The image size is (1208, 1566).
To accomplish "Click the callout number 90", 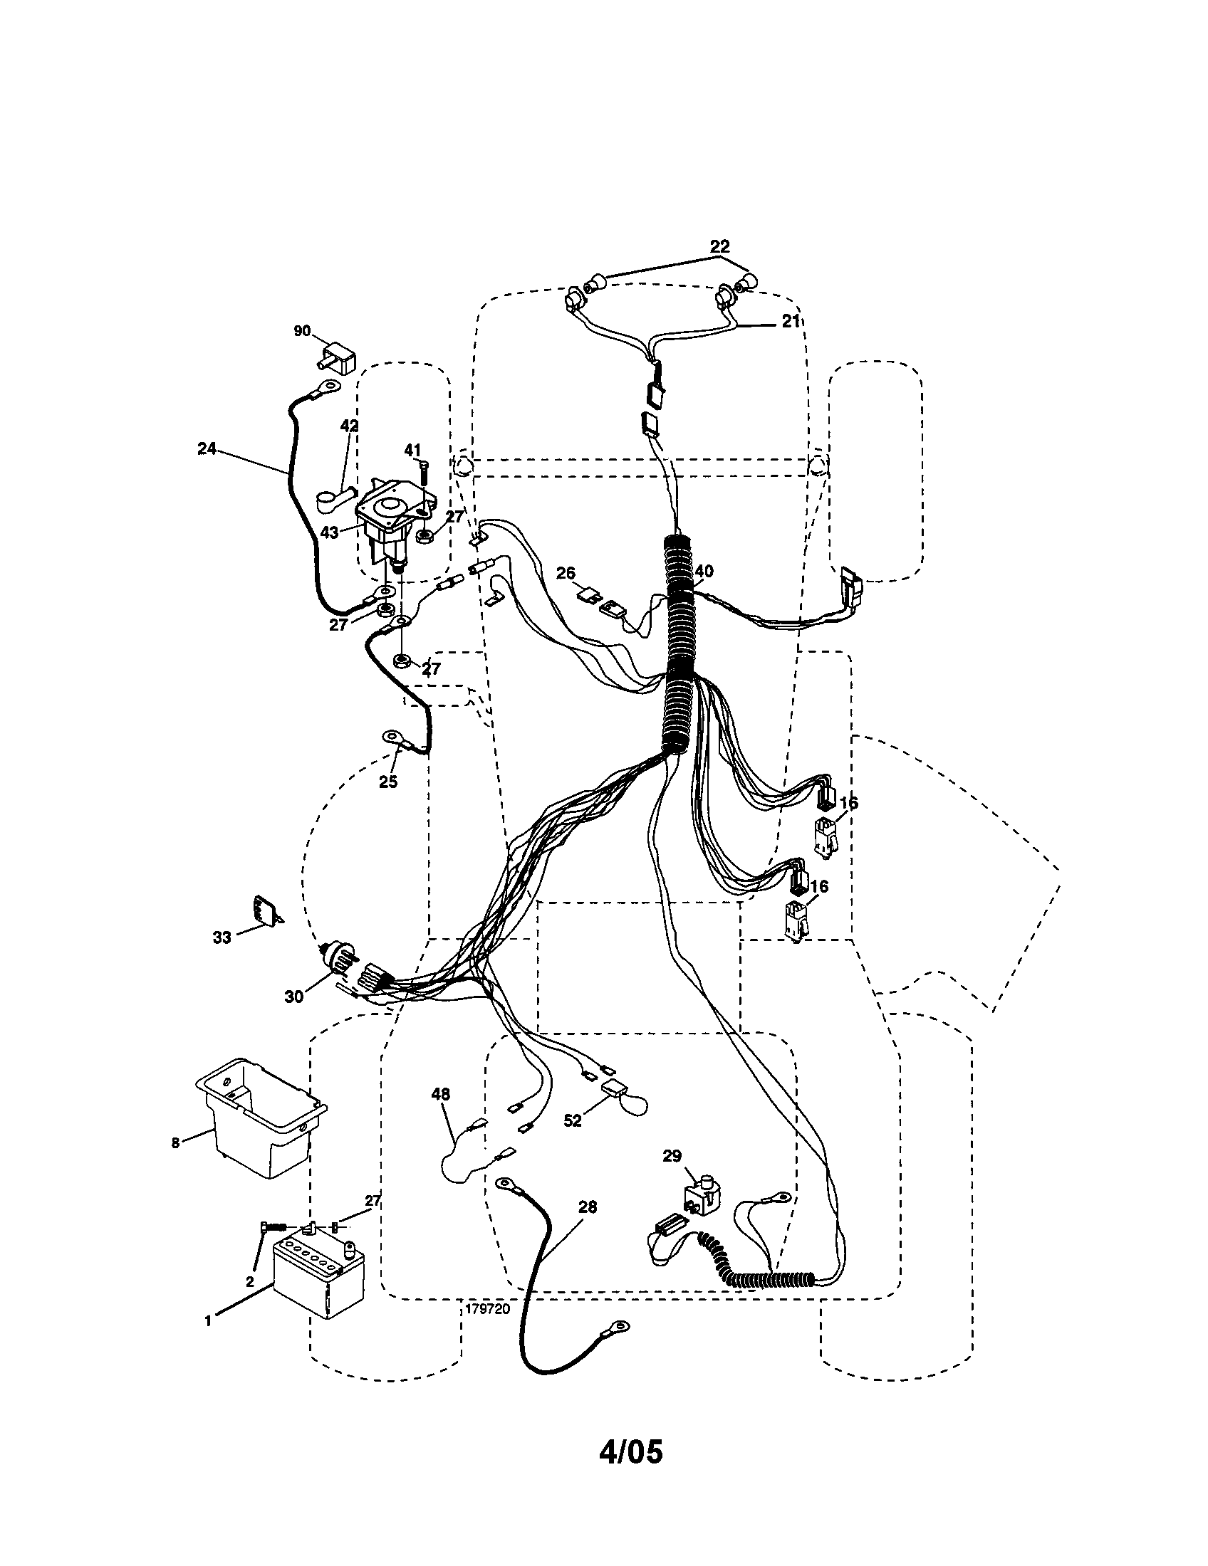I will [302, 330].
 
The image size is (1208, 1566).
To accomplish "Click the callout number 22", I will [719, 246].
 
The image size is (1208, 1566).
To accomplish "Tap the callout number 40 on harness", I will [704, 572].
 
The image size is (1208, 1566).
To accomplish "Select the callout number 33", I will [222, 937].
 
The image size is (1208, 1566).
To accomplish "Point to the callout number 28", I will [587, 1207].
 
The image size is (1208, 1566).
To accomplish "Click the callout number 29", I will [672, 1157].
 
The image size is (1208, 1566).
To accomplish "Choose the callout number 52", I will [573, 1120].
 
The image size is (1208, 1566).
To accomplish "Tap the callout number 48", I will [440, 1094].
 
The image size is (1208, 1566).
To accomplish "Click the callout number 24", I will [207, 449].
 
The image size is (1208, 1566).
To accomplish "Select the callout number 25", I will [388, 782].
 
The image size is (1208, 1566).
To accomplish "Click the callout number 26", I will [566, 574].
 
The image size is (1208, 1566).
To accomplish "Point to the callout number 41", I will [412, 451].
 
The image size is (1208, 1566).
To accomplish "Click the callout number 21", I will [790, 322].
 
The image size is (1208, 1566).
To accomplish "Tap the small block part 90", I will [338, 358].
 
